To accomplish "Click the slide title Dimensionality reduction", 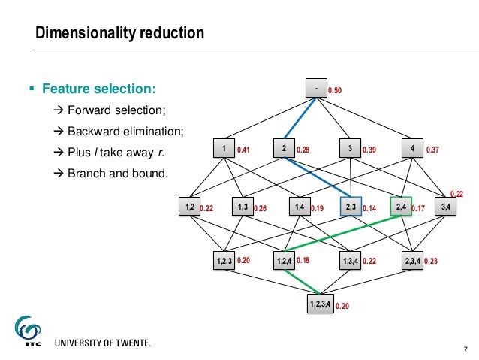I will [x=120, y=33].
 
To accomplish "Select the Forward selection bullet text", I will [x=116, y=111].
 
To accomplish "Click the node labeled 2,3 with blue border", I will [x=351, y=205].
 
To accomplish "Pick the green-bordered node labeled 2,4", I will [x=400, y=205].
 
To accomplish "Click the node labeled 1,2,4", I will [x=285, y=261].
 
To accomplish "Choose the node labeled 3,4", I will [x=446, y=205].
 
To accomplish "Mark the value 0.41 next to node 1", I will [x=243, y=150].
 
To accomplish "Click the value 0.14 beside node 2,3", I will [x=369, y=208].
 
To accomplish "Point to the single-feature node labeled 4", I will [x=412, y=148].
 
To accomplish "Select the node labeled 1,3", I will [x=243, y=205].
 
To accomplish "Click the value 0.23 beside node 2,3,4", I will [x=431, y=262].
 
